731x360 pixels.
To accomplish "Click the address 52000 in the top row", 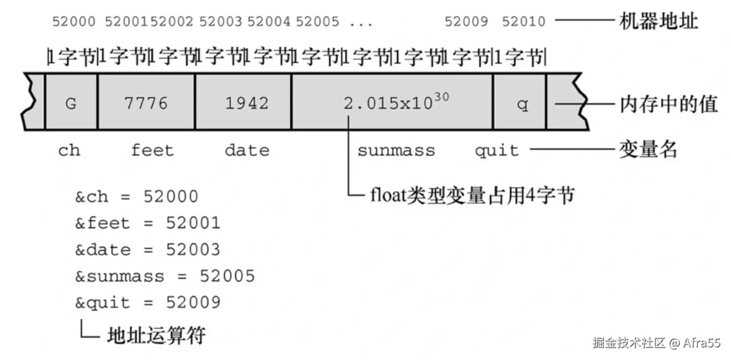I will (x=74, y=21).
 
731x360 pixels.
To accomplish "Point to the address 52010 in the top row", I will (x=523, y=21).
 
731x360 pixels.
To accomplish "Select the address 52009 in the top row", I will (x=466, y=21).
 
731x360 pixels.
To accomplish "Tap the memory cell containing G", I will (x=71, y=103).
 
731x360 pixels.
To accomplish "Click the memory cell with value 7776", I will (x=146, y=103).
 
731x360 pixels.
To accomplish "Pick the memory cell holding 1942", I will (x=247, y=103).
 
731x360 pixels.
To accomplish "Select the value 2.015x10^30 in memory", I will (x=396, y=102).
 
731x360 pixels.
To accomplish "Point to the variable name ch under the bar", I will (x=69, y=151).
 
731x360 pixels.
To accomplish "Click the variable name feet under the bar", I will (x=152, y=150).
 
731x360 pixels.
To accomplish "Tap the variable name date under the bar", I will (x=247, y=150).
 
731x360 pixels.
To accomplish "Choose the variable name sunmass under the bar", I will (x=396, y=150).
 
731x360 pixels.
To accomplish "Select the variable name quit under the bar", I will (x=497, y=150).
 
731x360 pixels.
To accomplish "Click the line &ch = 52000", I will (x=136, y=197).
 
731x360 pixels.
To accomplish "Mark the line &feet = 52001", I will (x=148, y=224).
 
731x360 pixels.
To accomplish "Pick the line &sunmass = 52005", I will (x=165, y=276).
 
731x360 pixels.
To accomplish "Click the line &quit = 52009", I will (x=148, y=303).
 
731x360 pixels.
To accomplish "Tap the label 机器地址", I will (x=658, y=21).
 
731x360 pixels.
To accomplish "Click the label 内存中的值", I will (x=668, y=104).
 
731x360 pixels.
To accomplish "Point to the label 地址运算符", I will (x=156, y=335).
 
